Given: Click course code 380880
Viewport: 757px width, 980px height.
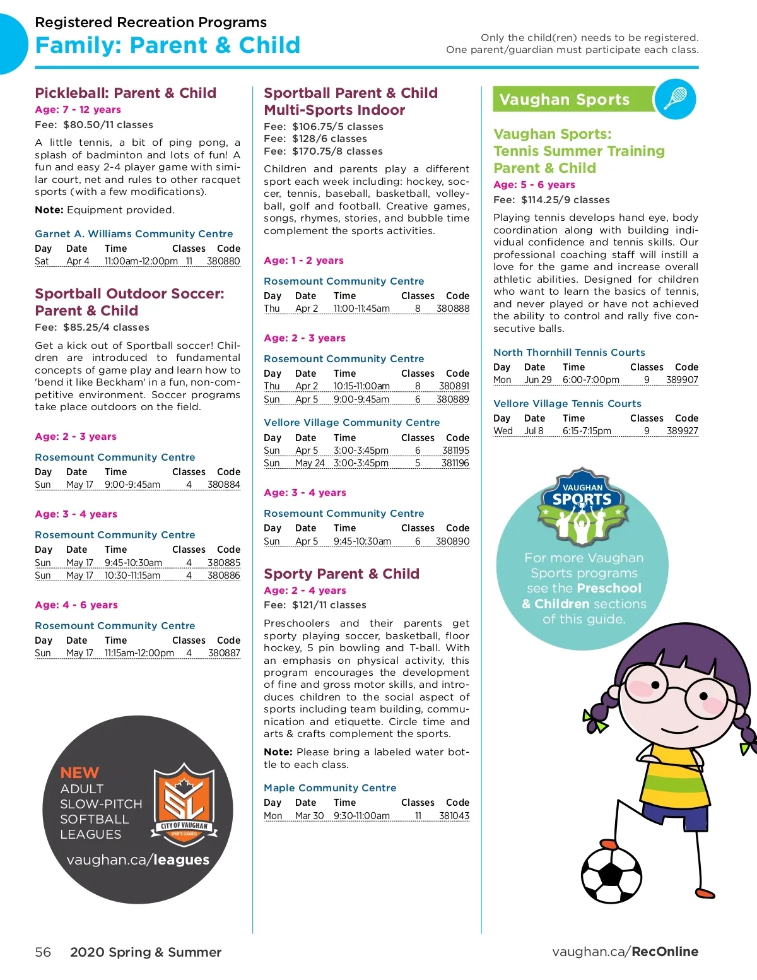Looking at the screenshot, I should tap(223, 261).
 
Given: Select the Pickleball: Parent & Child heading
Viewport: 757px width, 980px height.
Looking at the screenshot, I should tap(126, 93).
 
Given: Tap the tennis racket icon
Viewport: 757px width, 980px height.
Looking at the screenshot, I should tap(675, 99).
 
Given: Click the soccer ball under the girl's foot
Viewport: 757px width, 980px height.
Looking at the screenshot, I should tap(611, 875).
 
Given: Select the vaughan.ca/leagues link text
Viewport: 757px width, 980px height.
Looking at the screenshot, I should tap(138, 859).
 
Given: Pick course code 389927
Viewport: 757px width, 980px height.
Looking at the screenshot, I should tap(682, 431).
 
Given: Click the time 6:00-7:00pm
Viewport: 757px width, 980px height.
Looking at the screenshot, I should tap(590, 380).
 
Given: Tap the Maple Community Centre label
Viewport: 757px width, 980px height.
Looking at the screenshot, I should tap(330, 788).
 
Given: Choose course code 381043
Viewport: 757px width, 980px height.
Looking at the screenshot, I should tap(454, 816).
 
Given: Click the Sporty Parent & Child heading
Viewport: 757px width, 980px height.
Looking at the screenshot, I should tap(341, 574).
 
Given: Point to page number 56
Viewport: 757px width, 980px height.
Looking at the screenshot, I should tap(43, 952).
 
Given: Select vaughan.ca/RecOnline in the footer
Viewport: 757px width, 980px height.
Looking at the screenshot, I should tap(625, 952).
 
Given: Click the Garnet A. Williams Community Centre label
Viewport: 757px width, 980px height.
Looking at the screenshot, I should tap(134, 234).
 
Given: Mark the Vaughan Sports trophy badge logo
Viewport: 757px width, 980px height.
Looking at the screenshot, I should tap(582, 506).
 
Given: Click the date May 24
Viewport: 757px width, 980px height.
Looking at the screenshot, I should tap(310, 463).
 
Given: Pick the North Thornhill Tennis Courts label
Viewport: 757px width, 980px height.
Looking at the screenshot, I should tap(569, 353).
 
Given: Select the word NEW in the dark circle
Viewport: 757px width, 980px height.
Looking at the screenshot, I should tap(79, 773).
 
